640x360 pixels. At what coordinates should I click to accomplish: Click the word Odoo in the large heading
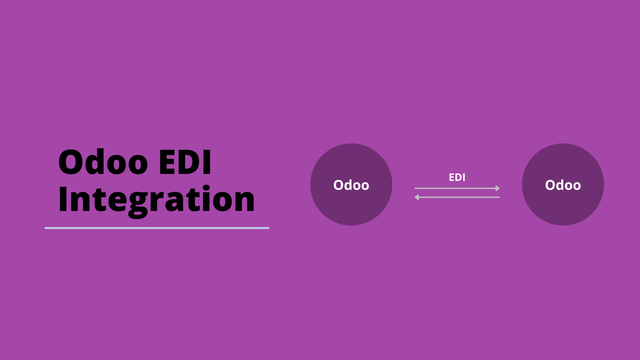click(x=103, y=162)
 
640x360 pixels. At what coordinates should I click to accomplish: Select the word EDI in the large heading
click(x=185, y=162)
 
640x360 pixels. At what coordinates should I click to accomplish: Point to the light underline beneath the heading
click(x=157, y=228)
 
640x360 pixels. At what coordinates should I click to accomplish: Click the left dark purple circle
click(x=351, y=184)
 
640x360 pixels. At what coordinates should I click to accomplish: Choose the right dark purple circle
click(x=563, y=184)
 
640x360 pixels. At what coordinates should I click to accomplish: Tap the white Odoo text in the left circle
click(x=351, y=185)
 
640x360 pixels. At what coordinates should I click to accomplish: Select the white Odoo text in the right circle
click(x=563, y=185)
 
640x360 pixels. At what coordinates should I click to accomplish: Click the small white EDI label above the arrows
click(x=457, y=177)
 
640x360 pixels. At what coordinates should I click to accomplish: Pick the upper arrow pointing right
click(x=457, y=188)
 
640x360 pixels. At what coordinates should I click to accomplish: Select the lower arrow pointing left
click(x=457, y=197)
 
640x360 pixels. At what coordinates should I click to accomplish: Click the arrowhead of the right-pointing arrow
click(x=498, y=188)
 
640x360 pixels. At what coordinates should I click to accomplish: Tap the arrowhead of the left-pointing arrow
click(x=417, y=197)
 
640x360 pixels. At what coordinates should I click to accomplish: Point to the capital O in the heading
click(x=70, y=162)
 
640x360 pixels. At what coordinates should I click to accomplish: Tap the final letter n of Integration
click(x=244, y=202)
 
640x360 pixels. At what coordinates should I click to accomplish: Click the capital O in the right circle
click(x=551, y=185)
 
